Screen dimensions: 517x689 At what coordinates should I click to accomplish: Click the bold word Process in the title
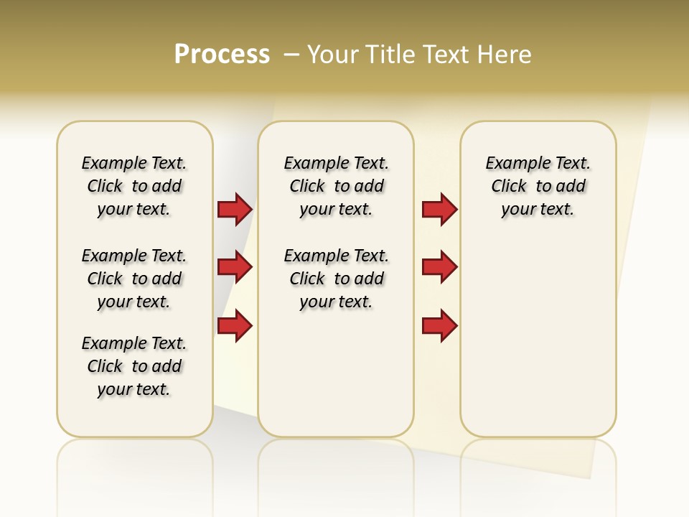[x=222, y=55]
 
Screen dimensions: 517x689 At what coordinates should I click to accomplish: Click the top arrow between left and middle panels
[x=235, y=209]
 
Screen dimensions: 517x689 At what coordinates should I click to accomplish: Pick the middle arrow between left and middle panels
[x=235, y=267]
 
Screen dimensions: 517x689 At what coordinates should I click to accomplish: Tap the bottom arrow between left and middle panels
[x=235, y=326]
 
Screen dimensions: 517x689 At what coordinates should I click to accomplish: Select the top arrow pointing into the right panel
[x=439, y=209]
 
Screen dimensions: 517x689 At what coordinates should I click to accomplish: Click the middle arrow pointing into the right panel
[x=439, y=267]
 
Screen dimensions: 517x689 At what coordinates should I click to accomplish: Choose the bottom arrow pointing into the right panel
[x=439, y=326]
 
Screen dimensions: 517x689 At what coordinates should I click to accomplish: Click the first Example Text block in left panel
[x=134, y=186]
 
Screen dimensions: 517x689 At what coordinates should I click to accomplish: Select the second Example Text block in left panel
[x=134, y=279]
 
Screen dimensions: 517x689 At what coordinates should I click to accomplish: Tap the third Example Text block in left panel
[x=134, y=366]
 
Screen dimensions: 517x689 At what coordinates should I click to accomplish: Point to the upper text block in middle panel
[x=336, y=186]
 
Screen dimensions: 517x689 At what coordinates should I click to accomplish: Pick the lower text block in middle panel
[x=336, y=279]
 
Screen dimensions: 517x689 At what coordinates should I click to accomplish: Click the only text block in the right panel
[x=538, y=186]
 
